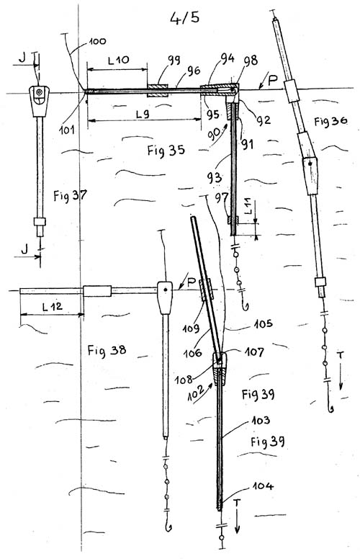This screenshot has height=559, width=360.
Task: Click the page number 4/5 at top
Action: click(x=184, y=17)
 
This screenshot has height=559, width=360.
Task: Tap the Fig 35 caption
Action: click(x=166, y=150)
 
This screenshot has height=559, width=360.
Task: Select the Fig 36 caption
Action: click(x=330, y=121)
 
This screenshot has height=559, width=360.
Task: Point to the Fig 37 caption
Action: click(x=71, y=195)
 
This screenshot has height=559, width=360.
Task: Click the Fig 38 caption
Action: click(x=107, y=350)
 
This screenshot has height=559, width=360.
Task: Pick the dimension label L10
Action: click(x=119, y=60)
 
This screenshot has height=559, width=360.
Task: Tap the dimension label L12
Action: click(x=52, y=306)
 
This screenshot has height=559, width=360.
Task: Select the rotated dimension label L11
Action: click(x=248, y=207)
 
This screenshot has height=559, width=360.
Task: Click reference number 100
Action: click(x=97, y=41)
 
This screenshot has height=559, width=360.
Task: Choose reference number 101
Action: click(x=67, y=129)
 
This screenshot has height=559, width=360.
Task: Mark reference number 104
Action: click(x=263, y=486)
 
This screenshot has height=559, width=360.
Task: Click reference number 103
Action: click(x=261, y=421)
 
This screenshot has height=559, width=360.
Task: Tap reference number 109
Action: click(x=191, y=328)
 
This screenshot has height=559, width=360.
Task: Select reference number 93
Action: click(x=214, y=177)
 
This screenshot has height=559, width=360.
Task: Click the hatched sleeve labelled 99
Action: click(x=158, y=91)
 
